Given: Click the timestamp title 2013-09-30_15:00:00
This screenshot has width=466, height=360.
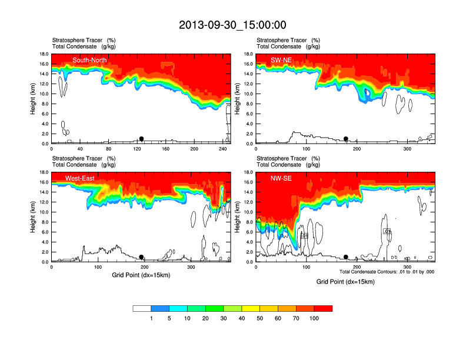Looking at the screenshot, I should tap(232, 25).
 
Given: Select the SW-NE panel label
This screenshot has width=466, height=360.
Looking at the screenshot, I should tap(281, 60).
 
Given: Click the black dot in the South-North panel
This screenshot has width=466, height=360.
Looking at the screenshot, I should tap(141, 139).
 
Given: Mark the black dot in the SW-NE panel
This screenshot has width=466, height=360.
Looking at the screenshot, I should tap(346, 139).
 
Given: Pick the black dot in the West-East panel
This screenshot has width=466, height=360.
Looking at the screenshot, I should tap(141, 257).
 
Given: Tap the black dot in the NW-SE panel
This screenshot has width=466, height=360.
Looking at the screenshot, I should tap(346, 257).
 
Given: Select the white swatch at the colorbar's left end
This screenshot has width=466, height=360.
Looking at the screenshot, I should tap(142, 308).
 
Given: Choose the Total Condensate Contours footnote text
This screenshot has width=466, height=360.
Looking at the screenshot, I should tap(387, 272).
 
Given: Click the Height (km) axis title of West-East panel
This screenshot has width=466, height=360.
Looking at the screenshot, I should tap(34, 217).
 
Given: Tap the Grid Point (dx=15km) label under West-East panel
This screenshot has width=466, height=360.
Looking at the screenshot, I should tap(141, 275).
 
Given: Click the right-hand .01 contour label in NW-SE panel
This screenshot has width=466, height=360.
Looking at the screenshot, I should tap(387, 231).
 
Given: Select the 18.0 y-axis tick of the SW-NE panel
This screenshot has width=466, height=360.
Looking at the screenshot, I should tap(248, 54).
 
